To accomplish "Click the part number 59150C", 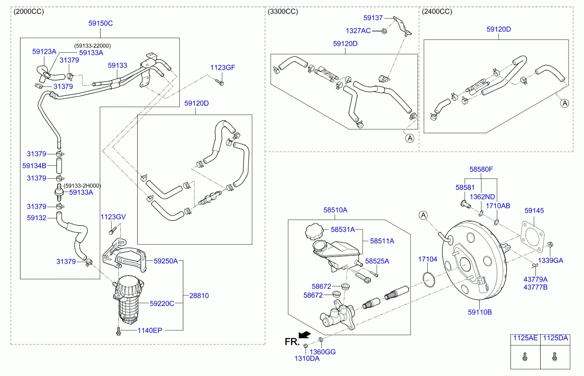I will click(x=101, y=23).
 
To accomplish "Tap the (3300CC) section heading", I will click(x=283, y=12).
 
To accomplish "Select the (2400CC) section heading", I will click(x=437, y=12).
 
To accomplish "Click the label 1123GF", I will click(x=222, y=67).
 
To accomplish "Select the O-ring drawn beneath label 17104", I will click(x=428, y=278).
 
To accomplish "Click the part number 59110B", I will click(x=480, y=312).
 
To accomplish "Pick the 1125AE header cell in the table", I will click(x=525, y=338).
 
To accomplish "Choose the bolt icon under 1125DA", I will click(x=554, y=356).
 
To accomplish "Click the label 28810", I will click(x=199, y=295).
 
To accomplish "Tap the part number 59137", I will click(x=373, y=18).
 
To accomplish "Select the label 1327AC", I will click(x=358, y=31).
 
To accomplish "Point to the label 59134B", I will click(x=34, y=165).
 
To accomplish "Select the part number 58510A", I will click(x=335, y=210).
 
